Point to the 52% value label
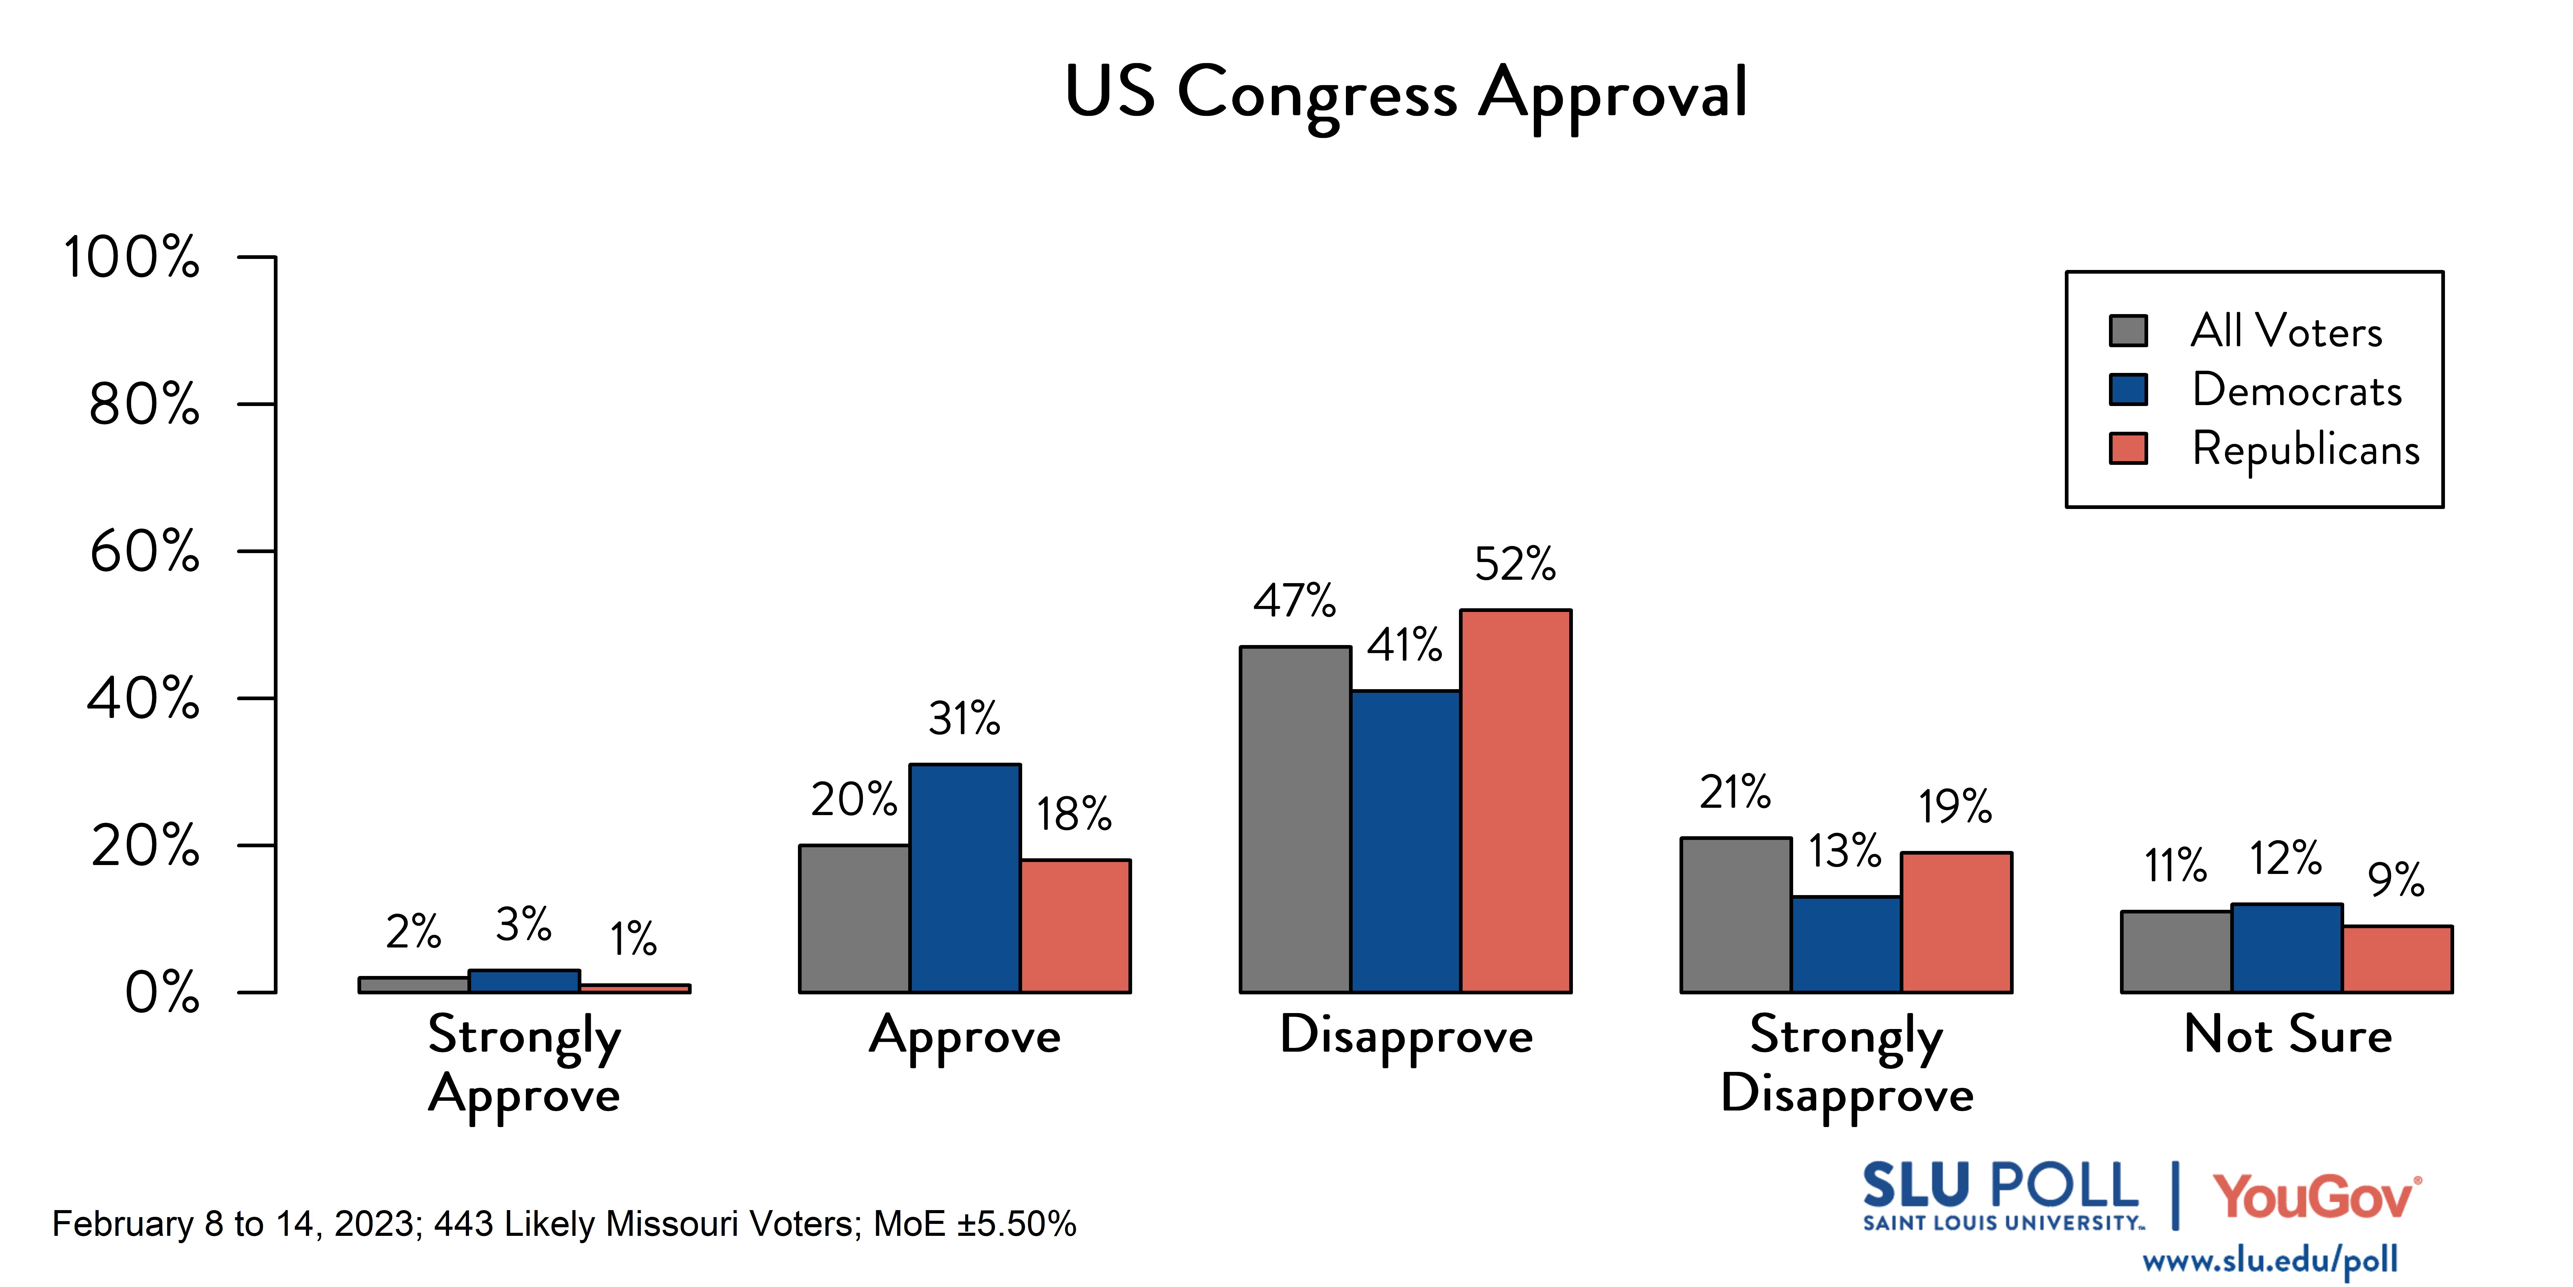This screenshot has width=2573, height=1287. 1515,564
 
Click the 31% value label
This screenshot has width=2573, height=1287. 964,719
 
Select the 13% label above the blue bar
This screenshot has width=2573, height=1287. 1845,851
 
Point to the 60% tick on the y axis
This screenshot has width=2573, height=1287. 145,552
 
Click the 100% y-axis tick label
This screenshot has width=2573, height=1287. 132,258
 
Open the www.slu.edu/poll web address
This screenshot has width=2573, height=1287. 2269,1260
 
